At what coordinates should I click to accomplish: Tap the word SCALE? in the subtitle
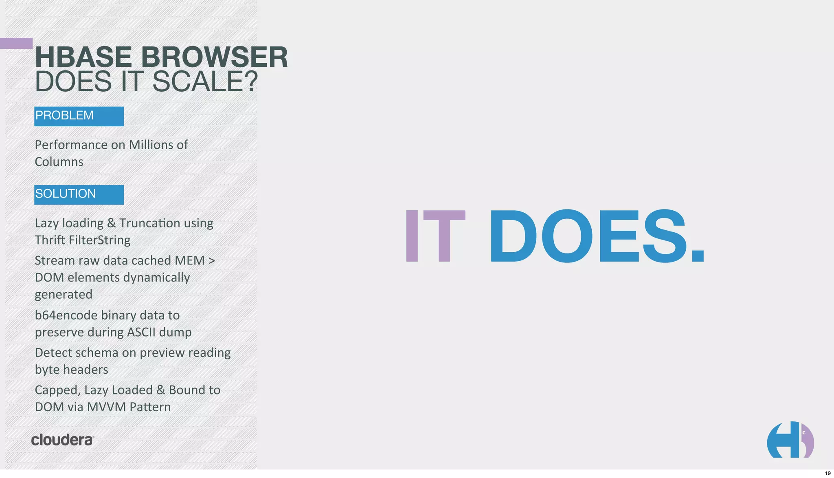tap(205, 82)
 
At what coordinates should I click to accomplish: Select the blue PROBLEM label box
tap(79, 116)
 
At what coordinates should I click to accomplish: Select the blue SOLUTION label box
tap(79, 194)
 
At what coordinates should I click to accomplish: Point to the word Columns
tap(59, 162)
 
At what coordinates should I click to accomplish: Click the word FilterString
tap(100, 240)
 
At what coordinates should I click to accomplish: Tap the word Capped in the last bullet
tap(57, 390)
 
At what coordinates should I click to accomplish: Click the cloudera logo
tap(63, 440)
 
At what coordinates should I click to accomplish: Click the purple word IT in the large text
tap(435, 236)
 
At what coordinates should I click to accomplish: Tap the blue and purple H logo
tap(790, 440)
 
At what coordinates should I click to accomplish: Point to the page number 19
tap(827, 473)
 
